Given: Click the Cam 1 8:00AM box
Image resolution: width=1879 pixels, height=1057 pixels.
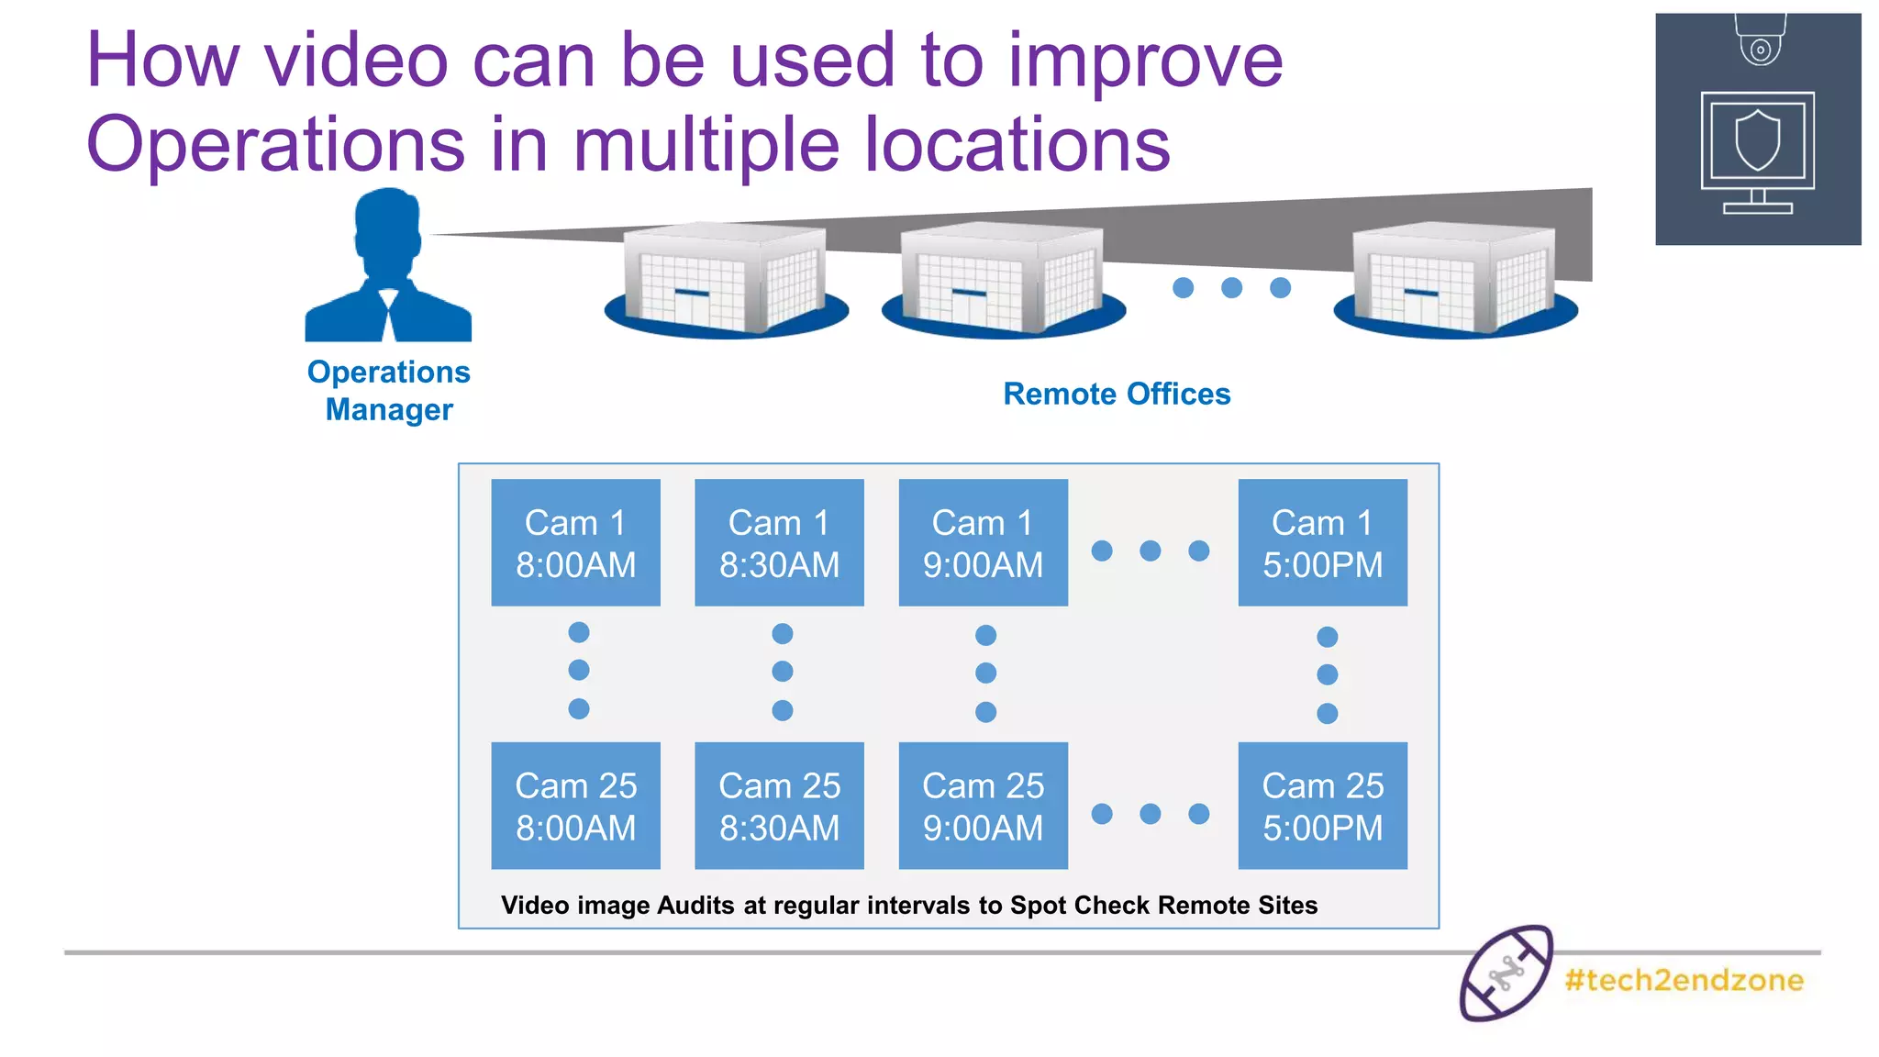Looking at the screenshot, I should click(x=575, y=542).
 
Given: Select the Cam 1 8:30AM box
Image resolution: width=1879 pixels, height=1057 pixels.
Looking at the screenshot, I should click(x=779, y=542).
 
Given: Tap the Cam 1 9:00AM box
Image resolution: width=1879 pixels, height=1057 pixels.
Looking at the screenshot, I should click(x=983, y=542).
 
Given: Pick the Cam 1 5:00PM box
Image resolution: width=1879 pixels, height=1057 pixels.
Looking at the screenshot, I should click(x=1322, y=542).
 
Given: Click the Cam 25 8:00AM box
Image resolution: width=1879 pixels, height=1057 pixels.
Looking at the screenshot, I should click(x=575, y=806).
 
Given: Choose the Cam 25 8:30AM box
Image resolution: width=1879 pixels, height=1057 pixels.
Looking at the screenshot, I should click(x=779, y=806).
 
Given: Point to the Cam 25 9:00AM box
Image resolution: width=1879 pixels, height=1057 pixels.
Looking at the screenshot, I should click(x=983, y=806).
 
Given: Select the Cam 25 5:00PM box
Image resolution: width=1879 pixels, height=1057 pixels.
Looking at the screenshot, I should click(x=1322, y=806).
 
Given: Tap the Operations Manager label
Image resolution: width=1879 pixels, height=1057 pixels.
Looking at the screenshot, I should click(x=389, y=390).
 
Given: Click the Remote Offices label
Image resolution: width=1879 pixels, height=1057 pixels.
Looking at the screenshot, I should click(x=1117, y=394).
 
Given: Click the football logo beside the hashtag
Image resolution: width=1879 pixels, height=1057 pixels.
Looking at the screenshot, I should click(x=1506, y=974).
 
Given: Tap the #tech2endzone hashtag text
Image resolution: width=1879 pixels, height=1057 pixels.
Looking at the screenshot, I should click(x=1684, y=980).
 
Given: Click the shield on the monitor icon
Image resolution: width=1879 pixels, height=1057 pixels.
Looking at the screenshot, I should click(x=1758, y=140).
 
